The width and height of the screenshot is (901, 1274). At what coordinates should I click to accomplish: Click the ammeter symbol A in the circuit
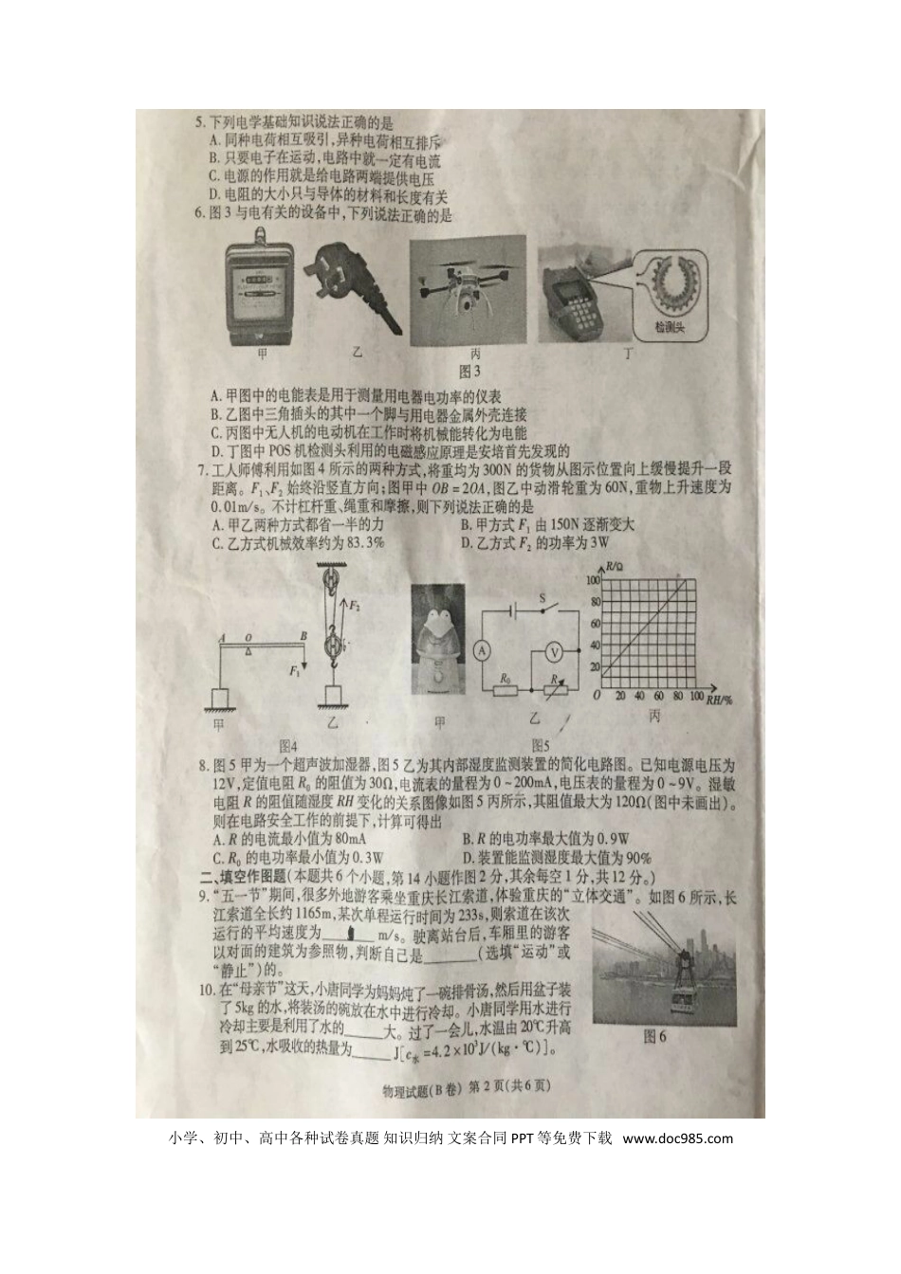coord(481,650)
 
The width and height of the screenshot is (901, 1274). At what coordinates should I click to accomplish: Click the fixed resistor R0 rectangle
coord(506,690)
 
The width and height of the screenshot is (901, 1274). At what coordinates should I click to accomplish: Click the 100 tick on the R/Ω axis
coord(595,579)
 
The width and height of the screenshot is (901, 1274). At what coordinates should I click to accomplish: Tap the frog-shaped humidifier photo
coord(438,637)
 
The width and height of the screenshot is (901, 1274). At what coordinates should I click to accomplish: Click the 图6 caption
coord(654,1036)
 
